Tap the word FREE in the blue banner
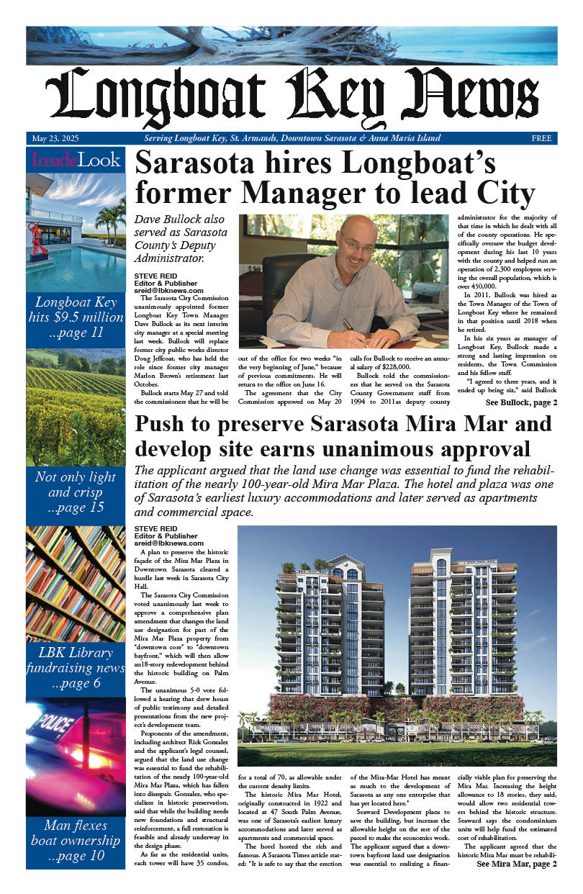(541, 138)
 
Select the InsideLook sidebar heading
(76, 160)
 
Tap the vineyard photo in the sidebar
(76, 407)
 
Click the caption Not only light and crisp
(76, 492)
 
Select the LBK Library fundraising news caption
(76, 669)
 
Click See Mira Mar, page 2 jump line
(516, 885)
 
